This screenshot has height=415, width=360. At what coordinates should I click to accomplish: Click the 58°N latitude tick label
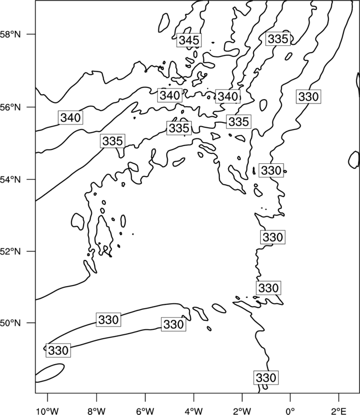pos(11,34)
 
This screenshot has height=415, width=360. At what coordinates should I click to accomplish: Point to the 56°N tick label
pos(11,107)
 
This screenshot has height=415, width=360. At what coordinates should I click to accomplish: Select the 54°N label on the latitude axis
pos(11,180)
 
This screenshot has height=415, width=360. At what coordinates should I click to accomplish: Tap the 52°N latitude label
pos(11,251)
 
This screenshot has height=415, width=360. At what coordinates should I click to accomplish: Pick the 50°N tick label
pos(11,323)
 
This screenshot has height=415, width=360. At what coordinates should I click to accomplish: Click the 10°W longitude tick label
pos(48,411)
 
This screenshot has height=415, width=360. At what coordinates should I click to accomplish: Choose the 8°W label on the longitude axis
pos(96,411)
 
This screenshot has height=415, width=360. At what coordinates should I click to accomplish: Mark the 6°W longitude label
pos(145,411)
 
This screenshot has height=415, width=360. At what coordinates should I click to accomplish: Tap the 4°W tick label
pos(194,411)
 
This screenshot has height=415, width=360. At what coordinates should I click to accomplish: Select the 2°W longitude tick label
pos(242,411)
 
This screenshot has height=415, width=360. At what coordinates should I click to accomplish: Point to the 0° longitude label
pos(290,411)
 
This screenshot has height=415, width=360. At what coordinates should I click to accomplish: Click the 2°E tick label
pos(339,411)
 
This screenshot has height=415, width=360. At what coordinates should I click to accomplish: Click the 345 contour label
pos(189,40)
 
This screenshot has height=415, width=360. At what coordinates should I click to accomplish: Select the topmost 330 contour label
pos(308,97)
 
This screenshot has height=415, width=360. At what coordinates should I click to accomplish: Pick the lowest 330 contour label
pos(266,377)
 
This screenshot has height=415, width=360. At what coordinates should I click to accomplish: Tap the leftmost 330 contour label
pos(58,350)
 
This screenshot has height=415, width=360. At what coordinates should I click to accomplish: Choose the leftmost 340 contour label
pos(70,117)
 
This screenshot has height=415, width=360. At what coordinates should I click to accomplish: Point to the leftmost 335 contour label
pos(112,141)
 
